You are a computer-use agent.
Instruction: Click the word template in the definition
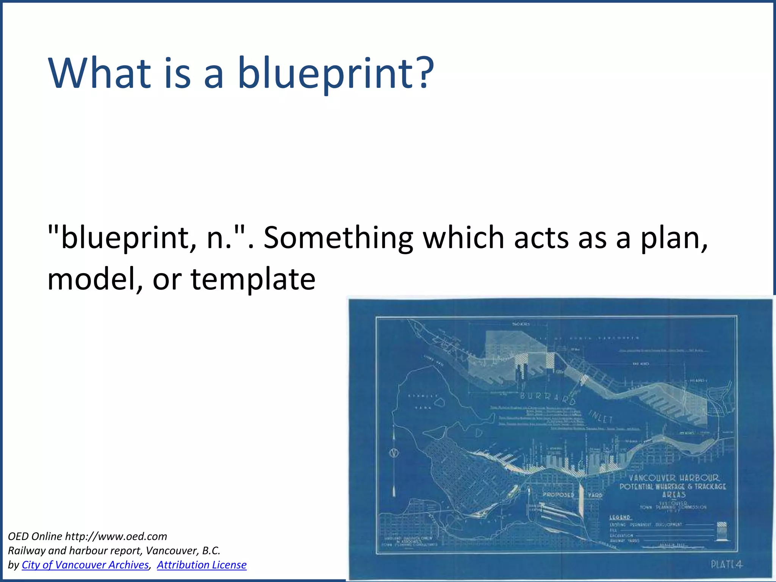pyautogui.click(x=253, y=280)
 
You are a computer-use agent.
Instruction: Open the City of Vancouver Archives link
pyautogui.click(x=85, y=565)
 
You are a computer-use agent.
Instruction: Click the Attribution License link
pyautogui.click(x=202, y=565)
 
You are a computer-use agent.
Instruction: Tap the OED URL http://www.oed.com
pyautogui.click(x=116, y=536)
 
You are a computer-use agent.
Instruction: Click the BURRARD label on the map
pyautogui.click(x=548, y=397)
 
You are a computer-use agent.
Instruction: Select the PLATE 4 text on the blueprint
pyautogui.click(x=726, y=565)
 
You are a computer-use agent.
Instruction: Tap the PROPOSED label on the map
pyautogui.click(x=559, y=494)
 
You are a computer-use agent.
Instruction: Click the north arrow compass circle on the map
pyautogui.click(x=394, y=453)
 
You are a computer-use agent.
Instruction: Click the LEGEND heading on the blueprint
pyautogui.click(x=620, y=517)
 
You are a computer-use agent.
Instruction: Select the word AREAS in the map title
pyautogui.click(x=674, y=495)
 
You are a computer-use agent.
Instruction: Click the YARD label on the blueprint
pyautogui.click(x=595, y=495)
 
